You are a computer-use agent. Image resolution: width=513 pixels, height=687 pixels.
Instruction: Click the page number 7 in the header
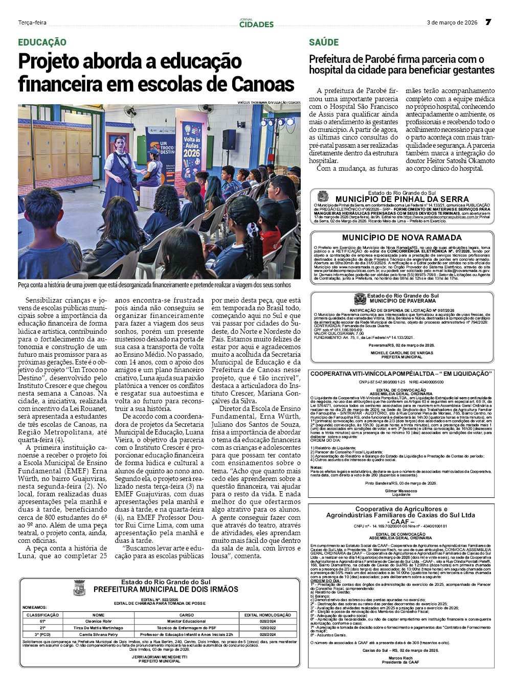pos(488,22)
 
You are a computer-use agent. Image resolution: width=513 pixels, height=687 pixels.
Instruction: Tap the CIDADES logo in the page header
pos(256,23)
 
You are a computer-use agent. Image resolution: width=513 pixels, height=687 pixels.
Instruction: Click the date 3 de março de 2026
pos(452,22)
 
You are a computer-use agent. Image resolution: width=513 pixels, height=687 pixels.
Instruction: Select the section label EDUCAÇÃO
pos(42,42)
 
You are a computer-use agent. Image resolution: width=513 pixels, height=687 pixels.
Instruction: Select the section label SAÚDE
pos(324,42)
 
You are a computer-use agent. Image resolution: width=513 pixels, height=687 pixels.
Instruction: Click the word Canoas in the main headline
pos(262,83)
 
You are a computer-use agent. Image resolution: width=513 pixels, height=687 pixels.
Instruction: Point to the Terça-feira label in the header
pos(32,22)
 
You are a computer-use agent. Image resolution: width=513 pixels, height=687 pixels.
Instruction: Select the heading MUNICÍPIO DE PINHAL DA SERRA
pos(402,199)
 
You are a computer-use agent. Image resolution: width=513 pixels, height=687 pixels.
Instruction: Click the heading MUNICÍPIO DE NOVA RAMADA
pos(402,238)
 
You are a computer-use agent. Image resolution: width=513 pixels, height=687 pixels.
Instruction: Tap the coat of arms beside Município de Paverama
pos(360,299)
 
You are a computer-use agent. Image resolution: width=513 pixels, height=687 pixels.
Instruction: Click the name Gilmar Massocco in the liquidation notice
pos(402,491)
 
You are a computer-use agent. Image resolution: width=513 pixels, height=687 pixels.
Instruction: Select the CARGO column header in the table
pos(187,615)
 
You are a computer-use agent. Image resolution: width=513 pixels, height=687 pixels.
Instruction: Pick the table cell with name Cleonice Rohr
pos(98,621)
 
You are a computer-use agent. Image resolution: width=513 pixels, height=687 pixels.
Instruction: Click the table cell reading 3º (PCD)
pos(42,634)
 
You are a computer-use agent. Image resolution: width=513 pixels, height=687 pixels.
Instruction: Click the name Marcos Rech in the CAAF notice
pos(401,657)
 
